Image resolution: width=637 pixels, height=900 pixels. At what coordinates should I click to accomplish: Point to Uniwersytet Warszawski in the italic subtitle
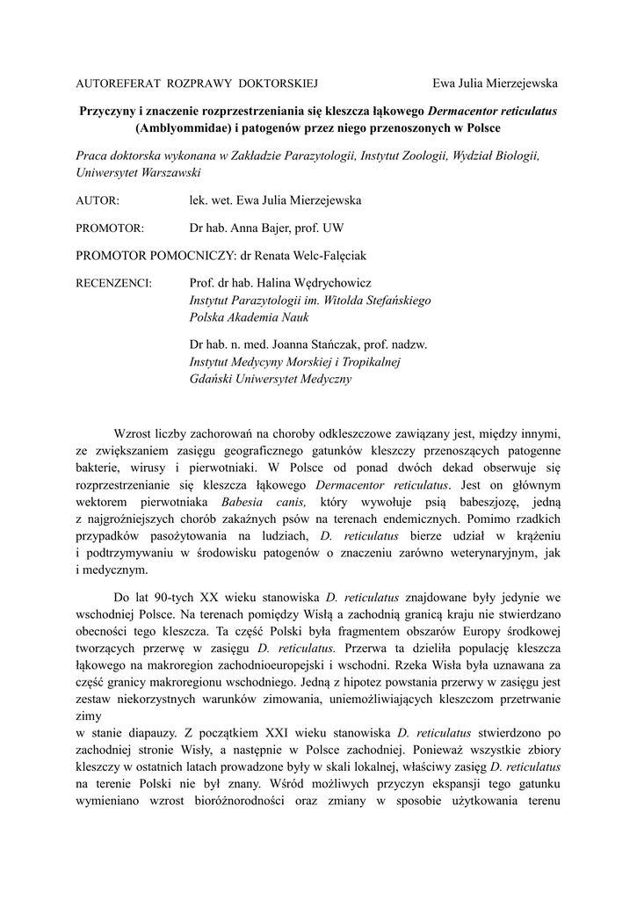click(138, 172)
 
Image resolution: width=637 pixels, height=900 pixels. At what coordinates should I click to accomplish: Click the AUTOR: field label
click(98, 200)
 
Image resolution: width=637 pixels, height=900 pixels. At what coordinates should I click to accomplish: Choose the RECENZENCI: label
click(114, 284)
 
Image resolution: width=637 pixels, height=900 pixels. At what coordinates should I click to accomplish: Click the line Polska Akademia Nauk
click(243, 316)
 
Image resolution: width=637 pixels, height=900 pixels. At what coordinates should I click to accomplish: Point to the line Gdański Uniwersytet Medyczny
click(270, 379)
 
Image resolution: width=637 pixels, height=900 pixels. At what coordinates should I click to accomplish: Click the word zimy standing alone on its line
click(89, 715)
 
